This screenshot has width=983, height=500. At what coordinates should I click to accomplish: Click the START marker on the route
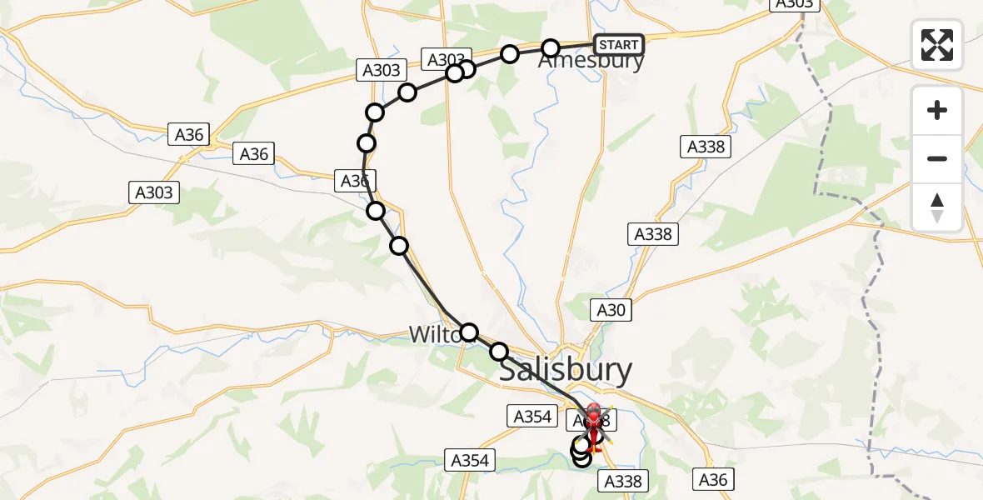(619, 44)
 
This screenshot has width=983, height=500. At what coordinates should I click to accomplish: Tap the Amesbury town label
(591, 61)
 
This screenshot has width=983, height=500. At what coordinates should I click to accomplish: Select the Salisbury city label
(565, 370)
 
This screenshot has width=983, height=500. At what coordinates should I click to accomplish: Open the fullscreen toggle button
(937, 45)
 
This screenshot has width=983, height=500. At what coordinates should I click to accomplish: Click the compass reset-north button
(937, 207)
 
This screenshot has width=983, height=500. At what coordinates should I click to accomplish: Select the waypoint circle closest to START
(551, 48)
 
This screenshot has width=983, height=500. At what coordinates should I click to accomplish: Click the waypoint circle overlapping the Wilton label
(469, 333)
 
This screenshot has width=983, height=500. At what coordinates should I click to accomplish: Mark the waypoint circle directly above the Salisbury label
(499, 352)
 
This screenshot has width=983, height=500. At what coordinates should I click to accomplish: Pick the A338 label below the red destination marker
(621, 481)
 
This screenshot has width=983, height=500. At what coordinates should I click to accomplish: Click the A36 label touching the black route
(355, 180)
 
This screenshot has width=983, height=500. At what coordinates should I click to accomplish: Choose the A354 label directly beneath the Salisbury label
(532, 416)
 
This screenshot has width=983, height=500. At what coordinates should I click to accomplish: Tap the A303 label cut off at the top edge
(793, 4)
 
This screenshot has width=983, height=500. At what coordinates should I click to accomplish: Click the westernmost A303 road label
(154, 192)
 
